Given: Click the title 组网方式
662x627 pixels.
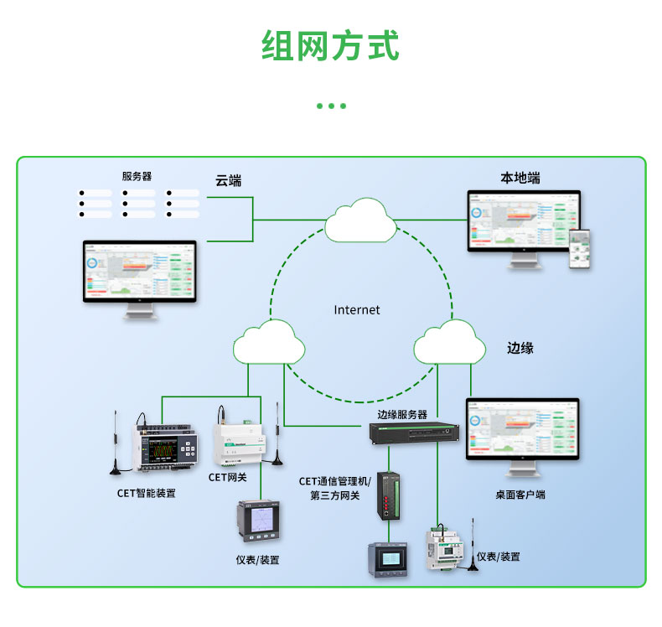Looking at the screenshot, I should click(x=331, y=46).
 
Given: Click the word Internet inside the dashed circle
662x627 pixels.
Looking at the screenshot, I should click(x=357, y=310).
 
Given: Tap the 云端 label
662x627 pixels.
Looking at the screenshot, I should click(x=228, y=180).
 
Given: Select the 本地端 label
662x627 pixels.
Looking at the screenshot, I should click(x=520, y=179).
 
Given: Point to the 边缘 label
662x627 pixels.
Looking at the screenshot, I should click(x=520, y=347).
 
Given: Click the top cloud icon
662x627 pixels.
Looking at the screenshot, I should click(x=361, y=220).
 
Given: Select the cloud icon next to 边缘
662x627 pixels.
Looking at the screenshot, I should click(x=450, y=342).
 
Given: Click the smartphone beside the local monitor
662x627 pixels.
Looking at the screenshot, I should click(x=580, y=250).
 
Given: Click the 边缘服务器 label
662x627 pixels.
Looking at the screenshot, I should click(x=402, y=414).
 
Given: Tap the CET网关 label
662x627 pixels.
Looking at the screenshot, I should click(x=227, y=477).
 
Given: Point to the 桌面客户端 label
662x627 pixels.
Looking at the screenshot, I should click(x=520, y=495).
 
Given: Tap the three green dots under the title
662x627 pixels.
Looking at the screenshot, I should click(x=331, y=106).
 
